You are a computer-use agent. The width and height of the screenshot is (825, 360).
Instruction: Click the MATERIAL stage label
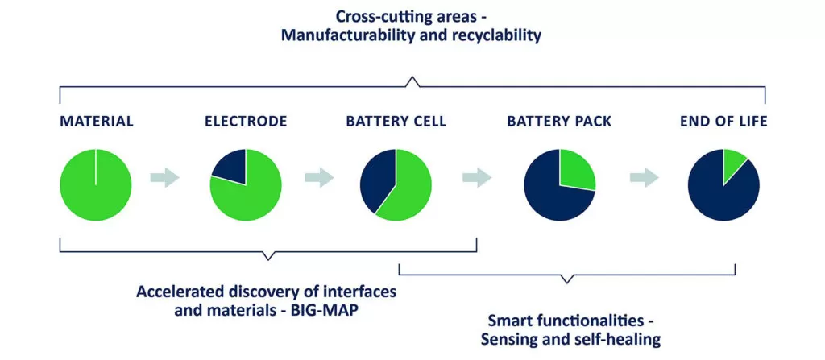(x=97, y=122)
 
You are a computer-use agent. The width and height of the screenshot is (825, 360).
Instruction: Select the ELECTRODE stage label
(x=246, y=122)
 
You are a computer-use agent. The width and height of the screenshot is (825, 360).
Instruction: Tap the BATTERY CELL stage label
(x=396, y=122)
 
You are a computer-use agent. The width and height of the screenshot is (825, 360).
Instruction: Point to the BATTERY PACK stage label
(x=559, y=122)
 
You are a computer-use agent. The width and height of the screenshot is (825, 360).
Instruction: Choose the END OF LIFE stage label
(x=723, y=122)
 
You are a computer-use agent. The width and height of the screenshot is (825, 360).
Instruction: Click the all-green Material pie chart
(x=96, y=185)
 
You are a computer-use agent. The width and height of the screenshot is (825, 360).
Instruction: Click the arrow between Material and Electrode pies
(x=164, y=177)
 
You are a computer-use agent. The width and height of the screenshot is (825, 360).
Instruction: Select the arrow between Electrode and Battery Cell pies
(x=319, y=177)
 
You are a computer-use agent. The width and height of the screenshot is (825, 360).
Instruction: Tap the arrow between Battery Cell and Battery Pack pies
(x=477, y=177)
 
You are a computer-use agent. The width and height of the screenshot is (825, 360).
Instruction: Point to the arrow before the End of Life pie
(x=645, y=177)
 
